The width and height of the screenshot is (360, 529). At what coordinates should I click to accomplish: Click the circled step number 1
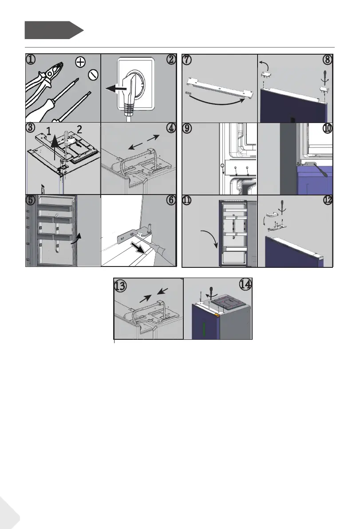[x=31, y=60]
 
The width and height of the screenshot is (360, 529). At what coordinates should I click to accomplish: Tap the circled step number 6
[x=171, y=200]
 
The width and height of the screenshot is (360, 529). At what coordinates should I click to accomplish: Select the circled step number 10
[x=327, y=128]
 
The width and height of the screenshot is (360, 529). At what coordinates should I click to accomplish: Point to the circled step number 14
[x=246, y=284]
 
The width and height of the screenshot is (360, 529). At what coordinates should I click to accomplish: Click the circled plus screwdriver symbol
[x=80, y=62]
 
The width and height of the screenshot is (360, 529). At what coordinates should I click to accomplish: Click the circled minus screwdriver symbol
[x=93, y=75]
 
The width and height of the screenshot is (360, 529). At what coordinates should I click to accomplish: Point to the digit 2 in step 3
[x=79, y=129]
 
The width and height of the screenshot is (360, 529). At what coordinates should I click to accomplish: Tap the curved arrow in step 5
[x=77, y=239]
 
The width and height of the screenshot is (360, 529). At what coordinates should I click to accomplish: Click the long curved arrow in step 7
[x=216, y=101]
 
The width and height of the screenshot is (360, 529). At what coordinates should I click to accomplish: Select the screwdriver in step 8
[x=325, y=78]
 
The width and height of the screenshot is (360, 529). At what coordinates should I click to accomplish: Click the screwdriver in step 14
[x=211, y=292]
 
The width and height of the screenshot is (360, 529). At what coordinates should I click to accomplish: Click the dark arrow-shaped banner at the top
[x=54, y=30]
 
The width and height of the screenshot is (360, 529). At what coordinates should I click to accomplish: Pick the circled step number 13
[x=120, y=286]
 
